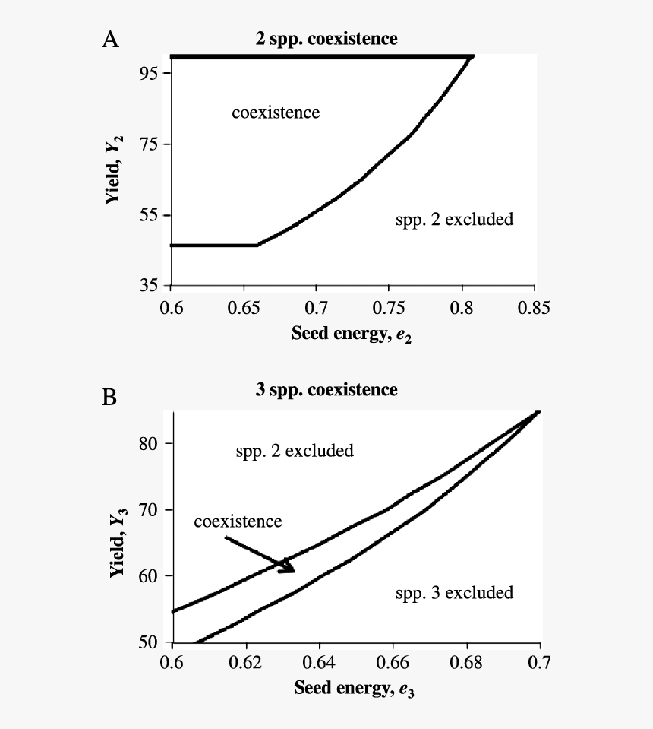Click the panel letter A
(110, 40)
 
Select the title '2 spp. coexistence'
(326, 38)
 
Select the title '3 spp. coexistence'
(326, 390)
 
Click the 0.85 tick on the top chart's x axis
(535, 308)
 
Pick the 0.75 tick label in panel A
(389, 308)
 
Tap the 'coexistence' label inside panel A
(276, 113)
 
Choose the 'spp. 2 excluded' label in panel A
(454, 220)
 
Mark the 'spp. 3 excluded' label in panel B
(454, 592)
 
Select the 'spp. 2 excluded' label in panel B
(294, 451)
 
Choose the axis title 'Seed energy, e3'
(356, 690)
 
